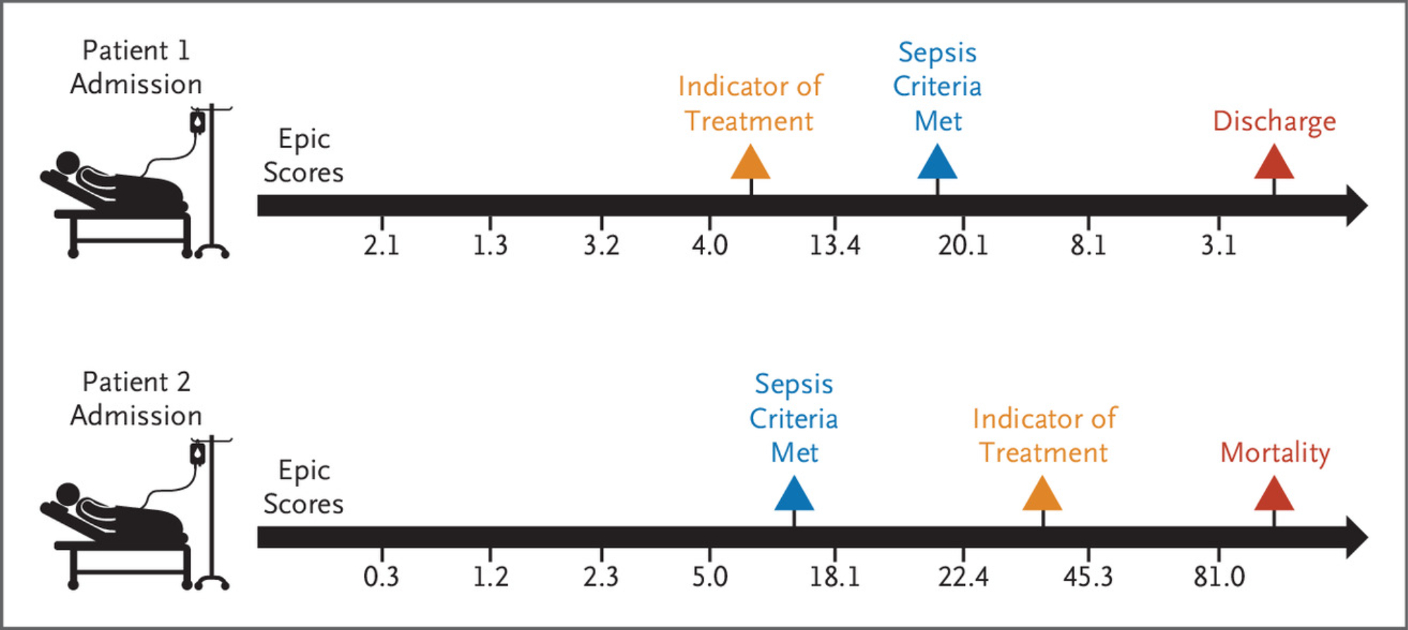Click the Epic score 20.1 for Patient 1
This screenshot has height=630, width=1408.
tap(963, 245)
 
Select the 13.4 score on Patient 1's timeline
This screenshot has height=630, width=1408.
tap(835, 245)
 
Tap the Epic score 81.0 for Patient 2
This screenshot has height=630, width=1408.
tap(1219, 576)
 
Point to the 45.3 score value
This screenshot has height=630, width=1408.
tap(1088, 576)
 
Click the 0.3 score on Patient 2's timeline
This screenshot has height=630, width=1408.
tap(381, 576)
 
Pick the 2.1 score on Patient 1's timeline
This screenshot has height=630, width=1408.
tap(381, 245)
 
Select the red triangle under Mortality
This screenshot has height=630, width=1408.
tap(1274, 493)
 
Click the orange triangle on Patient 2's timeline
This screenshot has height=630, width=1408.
tap(1042, 493)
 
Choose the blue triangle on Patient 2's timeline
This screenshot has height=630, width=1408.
tap(794, 493)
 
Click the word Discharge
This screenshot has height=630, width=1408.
tap(1274, 122)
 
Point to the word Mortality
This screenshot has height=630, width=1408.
tap(1275, 453)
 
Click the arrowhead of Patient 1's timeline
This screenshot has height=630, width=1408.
tap(1357, 206)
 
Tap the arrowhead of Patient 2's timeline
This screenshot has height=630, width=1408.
tap(1357, 538)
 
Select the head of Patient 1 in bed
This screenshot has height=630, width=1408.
tap(68, 163)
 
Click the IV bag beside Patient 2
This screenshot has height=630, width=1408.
tap(198, 454)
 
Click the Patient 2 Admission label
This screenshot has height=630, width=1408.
tap(136, 398)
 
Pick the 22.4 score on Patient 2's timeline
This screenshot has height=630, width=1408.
tap(963, 576)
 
